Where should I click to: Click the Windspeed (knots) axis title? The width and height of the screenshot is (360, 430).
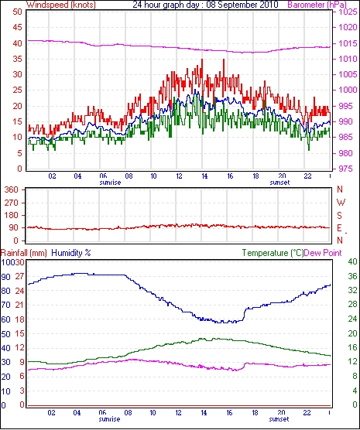(x=61, y=5)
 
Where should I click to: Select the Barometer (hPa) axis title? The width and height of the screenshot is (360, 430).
(x=317, y=5)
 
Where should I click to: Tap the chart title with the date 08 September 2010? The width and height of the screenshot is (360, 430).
(x=205, y=5)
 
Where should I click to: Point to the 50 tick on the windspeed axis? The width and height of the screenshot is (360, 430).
(x=17, y=12)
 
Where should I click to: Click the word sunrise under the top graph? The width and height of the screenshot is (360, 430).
(x=110, y=183)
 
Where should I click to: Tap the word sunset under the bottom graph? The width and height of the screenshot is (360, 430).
(x=279, y=419)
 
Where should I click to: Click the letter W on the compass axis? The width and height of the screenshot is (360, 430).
(x=341, y=203)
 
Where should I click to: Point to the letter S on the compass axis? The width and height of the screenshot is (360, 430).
(x=340, y=216)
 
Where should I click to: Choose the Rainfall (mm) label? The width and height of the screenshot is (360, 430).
(x=24, y=253)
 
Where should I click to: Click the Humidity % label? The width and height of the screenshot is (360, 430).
(x=71, y=253)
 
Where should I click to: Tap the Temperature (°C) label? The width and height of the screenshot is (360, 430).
(x=273, y=253)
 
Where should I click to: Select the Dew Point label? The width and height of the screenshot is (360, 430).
(x=323, y=253)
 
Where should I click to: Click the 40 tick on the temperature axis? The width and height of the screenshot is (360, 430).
(x=352, y=261)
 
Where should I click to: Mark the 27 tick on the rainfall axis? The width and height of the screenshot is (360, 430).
(x=20, y=276)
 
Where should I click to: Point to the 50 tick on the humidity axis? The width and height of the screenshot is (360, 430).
(x=6, y=334)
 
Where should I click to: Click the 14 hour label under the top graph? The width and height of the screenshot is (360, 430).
(x=204, y=176)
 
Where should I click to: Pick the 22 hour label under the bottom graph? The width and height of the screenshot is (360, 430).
(x=307, y=413)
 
